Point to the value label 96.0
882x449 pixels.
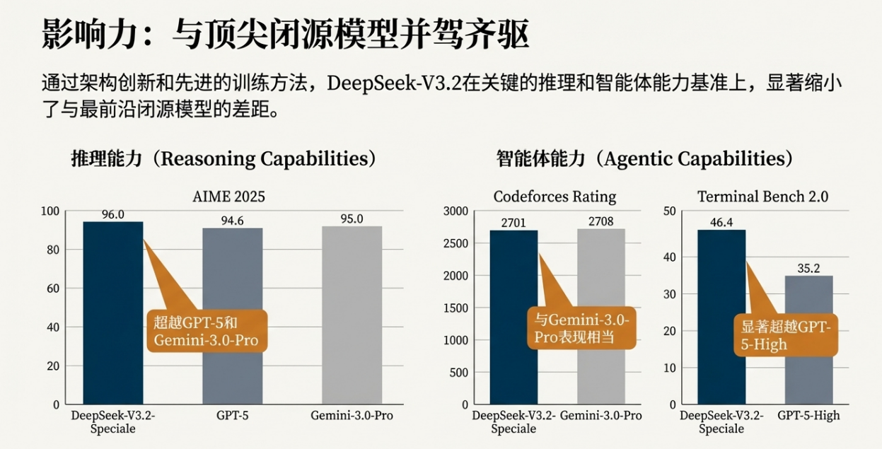(x=113, y=214)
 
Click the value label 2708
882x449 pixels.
(x=601, y=221)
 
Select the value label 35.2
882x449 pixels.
(x=808, y=268)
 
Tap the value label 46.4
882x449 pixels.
(x=721, y=223)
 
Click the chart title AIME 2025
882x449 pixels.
(x=229, y=196)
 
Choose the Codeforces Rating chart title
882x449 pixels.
(x=555, y=196)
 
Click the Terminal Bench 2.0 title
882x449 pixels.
(x=762, y=196)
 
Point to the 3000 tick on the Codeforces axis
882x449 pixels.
(x=455, y=211)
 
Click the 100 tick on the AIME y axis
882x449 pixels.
(x=50, y=211)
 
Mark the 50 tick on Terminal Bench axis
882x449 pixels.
(x=670, y=211)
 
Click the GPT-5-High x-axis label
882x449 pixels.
(x=808, y=416)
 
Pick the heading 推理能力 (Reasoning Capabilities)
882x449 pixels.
(x=224, y=158)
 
